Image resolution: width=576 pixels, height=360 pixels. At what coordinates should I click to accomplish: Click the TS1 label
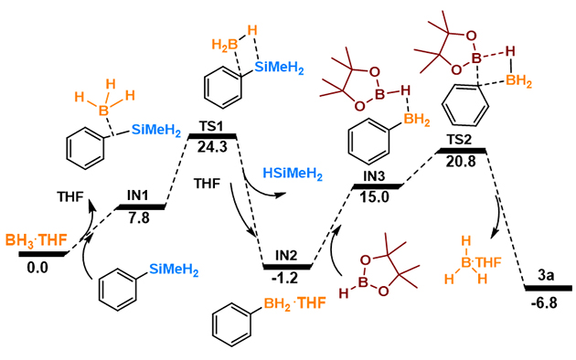(x=211, y=127)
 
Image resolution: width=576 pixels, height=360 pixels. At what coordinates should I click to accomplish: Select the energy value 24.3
(x=212, y=147)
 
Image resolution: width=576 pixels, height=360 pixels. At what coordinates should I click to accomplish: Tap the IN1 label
(x=138, y=196)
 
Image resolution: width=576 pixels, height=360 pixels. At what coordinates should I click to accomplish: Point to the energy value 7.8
(x=139, y=218)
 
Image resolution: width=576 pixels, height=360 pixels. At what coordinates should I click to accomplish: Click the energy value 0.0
(x=37, y=268)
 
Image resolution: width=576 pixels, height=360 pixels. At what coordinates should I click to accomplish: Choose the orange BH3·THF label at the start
(x=37, y=240)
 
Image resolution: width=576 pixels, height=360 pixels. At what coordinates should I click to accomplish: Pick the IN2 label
(x=286, y=256)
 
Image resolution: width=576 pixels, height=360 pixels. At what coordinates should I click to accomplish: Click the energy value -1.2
(x=284, y=278)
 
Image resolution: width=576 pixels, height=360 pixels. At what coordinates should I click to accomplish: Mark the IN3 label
(x=374, y=176)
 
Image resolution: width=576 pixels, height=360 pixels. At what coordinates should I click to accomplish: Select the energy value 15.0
(x=374, y=197)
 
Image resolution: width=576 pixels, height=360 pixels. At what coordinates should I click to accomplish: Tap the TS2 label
(x=460, y=140)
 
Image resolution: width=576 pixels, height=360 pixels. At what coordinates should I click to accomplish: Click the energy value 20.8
(x=461, y=161)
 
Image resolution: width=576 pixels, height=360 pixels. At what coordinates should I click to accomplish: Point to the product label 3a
(x=546, y=276)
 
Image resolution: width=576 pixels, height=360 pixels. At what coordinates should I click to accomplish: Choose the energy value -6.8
(x=544, y=303)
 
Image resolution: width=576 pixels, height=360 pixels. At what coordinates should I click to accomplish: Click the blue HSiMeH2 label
(x=293, y=174)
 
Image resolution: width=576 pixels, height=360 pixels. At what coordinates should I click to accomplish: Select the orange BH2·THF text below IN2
(x=294, y=304)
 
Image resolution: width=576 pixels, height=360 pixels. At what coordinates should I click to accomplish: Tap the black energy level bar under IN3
(x=377, y=186)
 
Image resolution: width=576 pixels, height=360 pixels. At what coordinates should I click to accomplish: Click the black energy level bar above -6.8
(x=548, y=288)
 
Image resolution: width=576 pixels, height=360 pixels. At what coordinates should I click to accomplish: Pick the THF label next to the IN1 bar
(x=70, y=196)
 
